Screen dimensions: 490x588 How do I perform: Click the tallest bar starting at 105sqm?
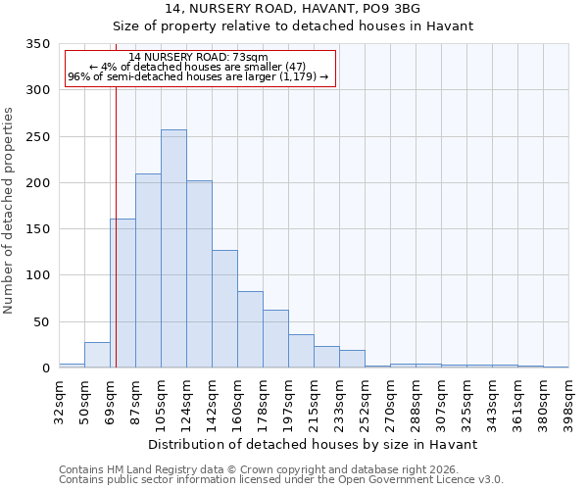173,249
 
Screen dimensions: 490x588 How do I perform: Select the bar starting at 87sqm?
148,270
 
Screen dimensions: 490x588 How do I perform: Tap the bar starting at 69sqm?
122,293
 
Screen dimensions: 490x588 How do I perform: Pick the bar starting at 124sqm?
199,274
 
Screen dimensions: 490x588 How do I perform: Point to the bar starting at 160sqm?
250,329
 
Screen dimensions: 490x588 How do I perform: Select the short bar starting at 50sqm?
97,355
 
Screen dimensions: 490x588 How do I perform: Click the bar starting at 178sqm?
275,339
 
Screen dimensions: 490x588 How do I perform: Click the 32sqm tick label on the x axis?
65,399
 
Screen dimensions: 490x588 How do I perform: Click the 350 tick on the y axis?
37,44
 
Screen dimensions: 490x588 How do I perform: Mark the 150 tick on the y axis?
37,229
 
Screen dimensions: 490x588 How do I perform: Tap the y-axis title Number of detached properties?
10,212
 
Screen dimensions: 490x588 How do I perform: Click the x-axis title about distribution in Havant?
313,444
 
